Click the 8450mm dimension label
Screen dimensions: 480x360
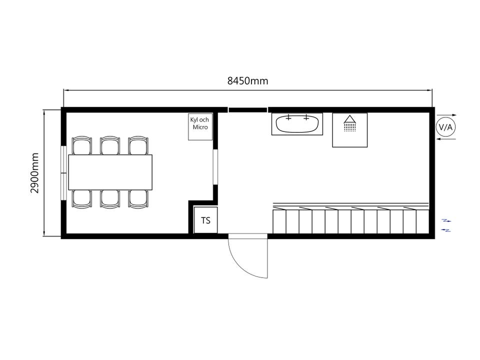pyautogui.click(x=247, y=81)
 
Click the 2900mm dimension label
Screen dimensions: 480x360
pyautogui.click(x=34, y=173)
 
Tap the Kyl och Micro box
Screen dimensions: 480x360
pyautogui.click(x=200, y=126)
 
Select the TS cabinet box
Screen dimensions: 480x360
pyautogui.click(x=205, y=220)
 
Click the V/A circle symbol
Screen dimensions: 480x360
pyautogui.click(x=445, y=127)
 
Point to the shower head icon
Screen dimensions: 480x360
pyautogui.click(x=349, y=123)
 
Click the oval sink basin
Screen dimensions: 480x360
pyautogui.click(x=297, y=124)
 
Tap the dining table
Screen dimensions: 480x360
pyautogui.click(x=110, y=172)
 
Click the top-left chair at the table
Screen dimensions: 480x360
pyautogui.click(x=81, y=145)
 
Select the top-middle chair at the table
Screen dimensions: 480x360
pyautogui.click(x=110, y=145)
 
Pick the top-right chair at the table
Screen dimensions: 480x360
pyautogui.click(x=138, y=145)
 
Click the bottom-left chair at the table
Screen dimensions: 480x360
pyautogui.click(x=81, y=199)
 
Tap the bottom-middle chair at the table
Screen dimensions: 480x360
pyautogui.click(x=110, y=199)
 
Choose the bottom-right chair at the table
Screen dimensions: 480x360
pyautogui.click(x=138, y=199)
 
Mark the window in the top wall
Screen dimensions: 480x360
pyautogui.click(x=247, y=110)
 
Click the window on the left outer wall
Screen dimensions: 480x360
pyautogui.click(x=63, y=173)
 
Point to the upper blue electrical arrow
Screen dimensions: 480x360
pyautogui.click(x=446, y=220)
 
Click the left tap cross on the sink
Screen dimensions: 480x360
pyautogui.click(x=288, y=117)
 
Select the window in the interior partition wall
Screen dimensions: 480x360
pyautogui.click(x=215, y=167)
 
